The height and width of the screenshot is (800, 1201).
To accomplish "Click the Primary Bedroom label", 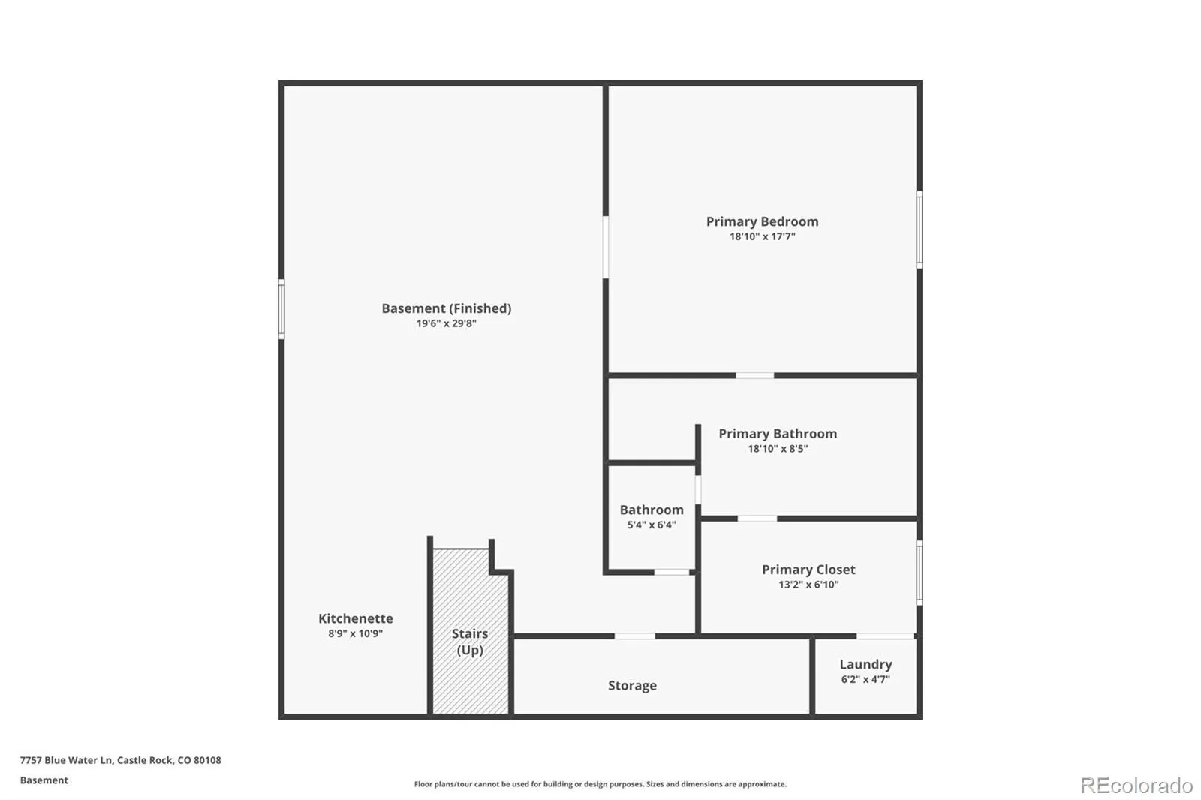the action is pos(762,221).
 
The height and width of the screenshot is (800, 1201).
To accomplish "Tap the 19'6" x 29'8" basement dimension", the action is pos(446,323).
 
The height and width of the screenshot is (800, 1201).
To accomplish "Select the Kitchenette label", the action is pos(356,618).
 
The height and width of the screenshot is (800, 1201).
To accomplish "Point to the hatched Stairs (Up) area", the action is pos(470,632).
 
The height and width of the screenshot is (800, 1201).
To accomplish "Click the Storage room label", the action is pos(632,685).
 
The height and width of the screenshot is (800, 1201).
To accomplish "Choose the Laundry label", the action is pos(866,664).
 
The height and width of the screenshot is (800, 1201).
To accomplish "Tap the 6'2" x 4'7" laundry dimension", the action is pos(865,679).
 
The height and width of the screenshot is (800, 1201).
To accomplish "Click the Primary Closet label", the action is pos(808,570).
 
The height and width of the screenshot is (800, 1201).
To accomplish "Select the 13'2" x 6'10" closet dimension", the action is pos(808,585).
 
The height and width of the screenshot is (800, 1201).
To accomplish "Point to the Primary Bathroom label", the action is pos(778,433).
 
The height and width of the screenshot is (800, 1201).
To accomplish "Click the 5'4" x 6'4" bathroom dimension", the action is pos(652,525).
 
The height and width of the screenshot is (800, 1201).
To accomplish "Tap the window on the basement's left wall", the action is pos(281,309).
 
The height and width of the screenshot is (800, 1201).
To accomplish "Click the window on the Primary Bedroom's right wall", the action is pos(920,230).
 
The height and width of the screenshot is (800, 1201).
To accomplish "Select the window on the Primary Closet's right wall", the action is pos(920,573).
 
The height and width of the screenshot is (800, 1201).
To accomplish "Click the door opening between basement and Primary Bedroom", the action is pos(606,247).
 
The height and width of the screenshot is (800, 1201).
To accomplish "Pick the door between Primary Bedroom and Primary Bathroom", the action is pos(755,375).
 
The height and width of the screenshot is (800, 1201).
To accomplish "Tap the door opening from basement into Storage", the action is pos(634,636).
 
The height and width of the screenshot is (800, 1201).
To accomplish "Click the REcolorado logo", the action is pos(1136,786).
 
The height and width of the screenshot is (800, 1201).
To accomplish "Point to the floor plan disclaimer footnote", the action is pos(600,784).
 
